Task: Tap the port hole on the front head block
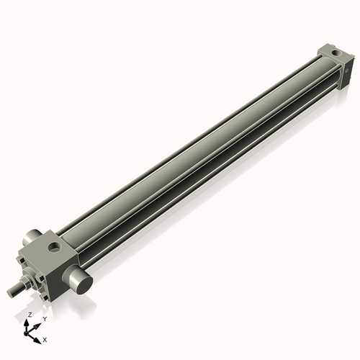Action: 55,248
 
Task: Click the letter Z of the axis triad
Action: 30,315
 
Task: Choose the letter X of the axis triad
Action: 45,338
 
